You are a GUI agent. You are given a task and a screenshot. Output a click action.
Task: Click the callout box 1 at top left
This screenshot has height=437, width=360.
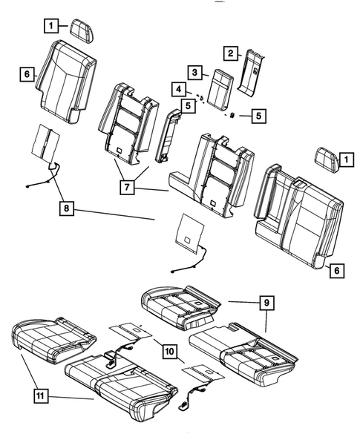(50, 26)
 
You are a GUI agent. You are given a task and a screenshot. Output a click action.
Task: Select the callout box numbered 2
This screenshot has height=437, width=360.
(232, 53)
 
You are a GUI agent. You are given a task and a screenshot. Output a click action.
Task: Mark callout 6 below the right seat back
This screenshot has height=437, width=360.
(336, 271)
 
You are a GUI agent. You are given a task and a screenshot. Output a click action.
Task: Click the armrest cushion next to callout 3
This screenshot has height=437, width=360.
(220, 85)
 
